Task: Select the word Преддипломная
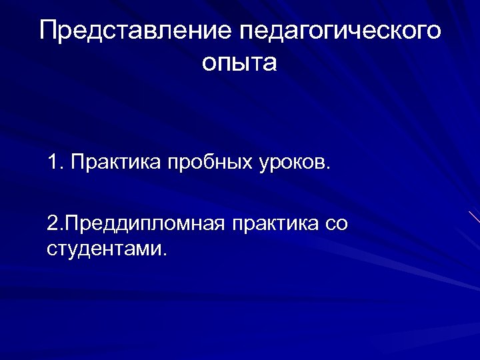(x=145, y=225)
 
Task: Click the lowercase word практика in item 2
(x=271, y=225)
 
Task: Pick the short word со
(x=336, y=225)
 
